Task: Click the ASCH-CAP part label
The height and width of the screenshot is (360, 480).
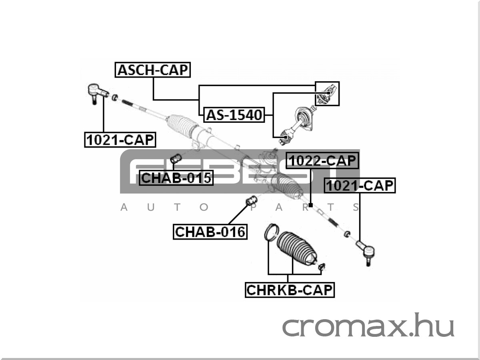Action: pyautogui.click(x=153, y=70)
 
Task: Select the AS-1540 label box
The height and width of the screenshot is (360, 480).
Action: pyautogui.click(x=234, y=115)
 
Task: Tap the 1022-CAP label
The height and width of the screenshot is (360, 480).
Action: pyautogui.click(x=322, y=161)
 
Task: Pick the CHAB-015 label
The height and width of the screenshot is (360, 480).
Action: pyautogui.click(x=176, y=178)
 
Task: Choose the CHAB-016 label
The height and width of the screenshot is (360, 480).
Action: pyautogui.click(x=210, y=232)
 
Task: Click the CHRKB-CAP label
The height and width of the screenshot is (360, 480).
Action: pyautogui.click(x=290, y=290)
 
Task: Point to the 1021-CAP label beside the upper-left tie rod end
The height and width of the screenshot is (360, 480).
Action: pyautogui.click(x=120, y=140)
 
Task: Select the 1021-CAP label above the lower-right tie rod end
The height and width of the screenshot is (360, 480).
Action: pyautogui.click(x=360, y=186)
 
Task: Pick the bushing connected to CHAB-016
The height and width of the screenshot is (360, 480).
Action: pyautogui.click(x=252, y=200)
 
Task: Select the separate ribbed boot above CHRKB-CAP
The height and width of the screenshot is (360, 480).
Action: pyautogui.click(x=297, y=248)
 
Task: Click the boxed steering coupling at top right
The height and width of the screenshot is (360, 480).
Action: pyautogui.click(x=327, y=94)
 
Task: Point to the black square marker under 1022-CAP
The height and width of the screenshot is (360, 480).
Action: pyautogui.click(x=310, y=205)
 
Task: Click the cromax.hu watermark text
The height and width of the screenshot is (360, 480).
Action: pyautogui.click(x=368, y=326)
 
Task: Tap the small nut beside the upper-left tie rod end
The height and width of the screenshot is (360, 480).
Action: pyautogui.click(x=115, y=97)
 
